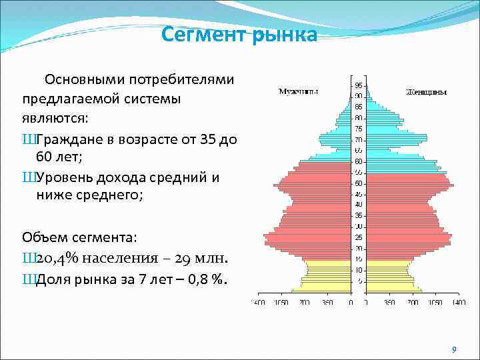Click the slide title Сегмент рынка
coord(239,34)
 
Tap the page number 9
coord(454,350)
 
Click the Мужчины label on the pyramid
coord(298,91)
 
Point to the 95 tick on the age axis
coord(359,85)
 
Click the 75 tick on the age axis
coord(359,129)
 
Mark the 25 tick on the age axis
coord(359,237)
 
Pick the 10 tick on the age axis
coord(359,270)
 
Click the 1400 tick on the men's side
coord(259,303)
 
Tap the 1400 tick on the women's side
coord(458,303)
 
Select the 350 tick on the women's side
coord(389,303)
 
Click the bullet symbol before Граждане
coord(27,139)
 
